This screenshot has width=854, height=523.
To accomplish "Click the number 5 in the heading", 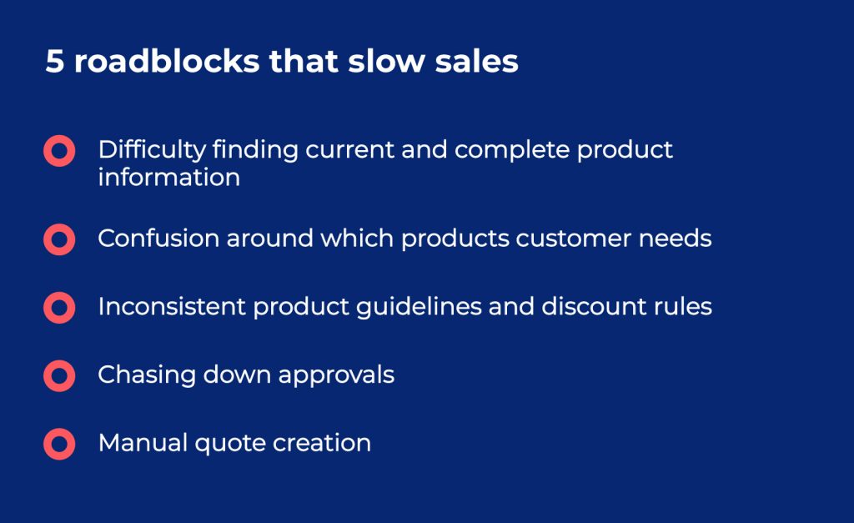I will click(54, 63).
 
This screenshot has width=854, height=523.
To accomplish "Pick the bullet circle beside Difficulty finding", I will click(59, 151).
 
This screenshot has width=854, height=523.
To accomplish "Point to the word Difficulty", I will click(151, 150).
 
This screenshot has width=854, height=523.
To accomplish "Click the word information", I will click(168, 177).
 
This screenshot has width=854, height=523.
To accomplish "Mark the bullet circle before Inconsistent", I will click(59, 308).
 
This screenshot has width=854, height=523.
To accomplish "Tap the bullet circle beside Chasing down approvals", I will click(59, 375).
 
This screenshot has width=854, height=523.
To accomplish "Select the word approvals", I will click(336, 375).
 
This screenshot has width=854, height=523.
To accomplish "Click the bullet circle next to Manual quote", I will click(59, 443).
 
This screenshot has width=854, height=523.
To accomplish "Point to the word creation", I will click(320, 442).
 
